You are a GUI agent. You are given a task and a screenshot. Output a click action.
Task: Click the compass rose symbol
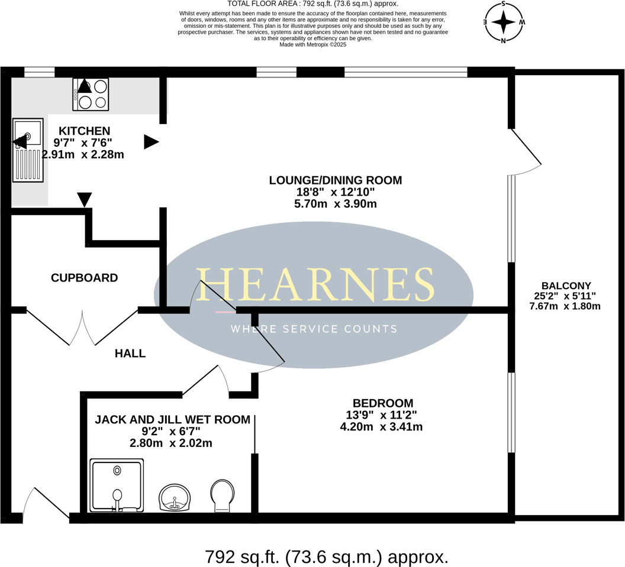(504, 22)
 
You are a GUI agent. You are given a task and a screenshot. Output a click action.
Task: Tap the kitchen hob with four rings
(91, 95)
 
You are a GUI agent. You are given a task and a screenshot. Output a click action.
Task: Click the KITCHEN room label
(84, 131)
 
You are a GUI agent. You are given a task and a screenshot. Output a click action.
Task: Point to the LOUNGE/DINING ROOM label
(335, 180)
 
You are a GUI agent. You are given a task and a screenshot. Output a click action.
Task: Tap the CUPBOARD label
(84, 278)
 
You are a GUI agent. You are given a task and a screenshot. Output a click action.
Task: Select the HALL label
(130, 354)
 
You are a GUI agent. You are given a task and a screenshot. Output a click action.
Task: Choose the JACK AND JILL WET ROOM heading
(172, 419)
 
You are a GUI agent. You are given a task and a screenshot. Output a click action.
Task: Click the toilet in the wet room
(223, 495)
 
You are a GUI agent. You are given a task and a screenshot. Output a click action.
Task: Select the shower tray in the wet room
(117, 485)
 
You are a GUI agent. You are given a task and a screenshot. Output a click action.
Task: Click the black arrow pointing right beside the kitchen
(152, 142)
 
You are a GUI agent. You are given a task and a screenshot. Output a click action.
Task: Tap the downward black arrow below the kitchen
(85, 199)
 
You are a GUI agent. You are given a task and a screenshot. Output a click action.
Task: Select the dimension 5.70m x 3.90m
(335, 204)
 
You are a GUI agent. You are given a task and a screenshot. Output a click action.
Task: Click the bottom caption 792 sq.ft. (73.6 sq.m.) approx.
(326, 556)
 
